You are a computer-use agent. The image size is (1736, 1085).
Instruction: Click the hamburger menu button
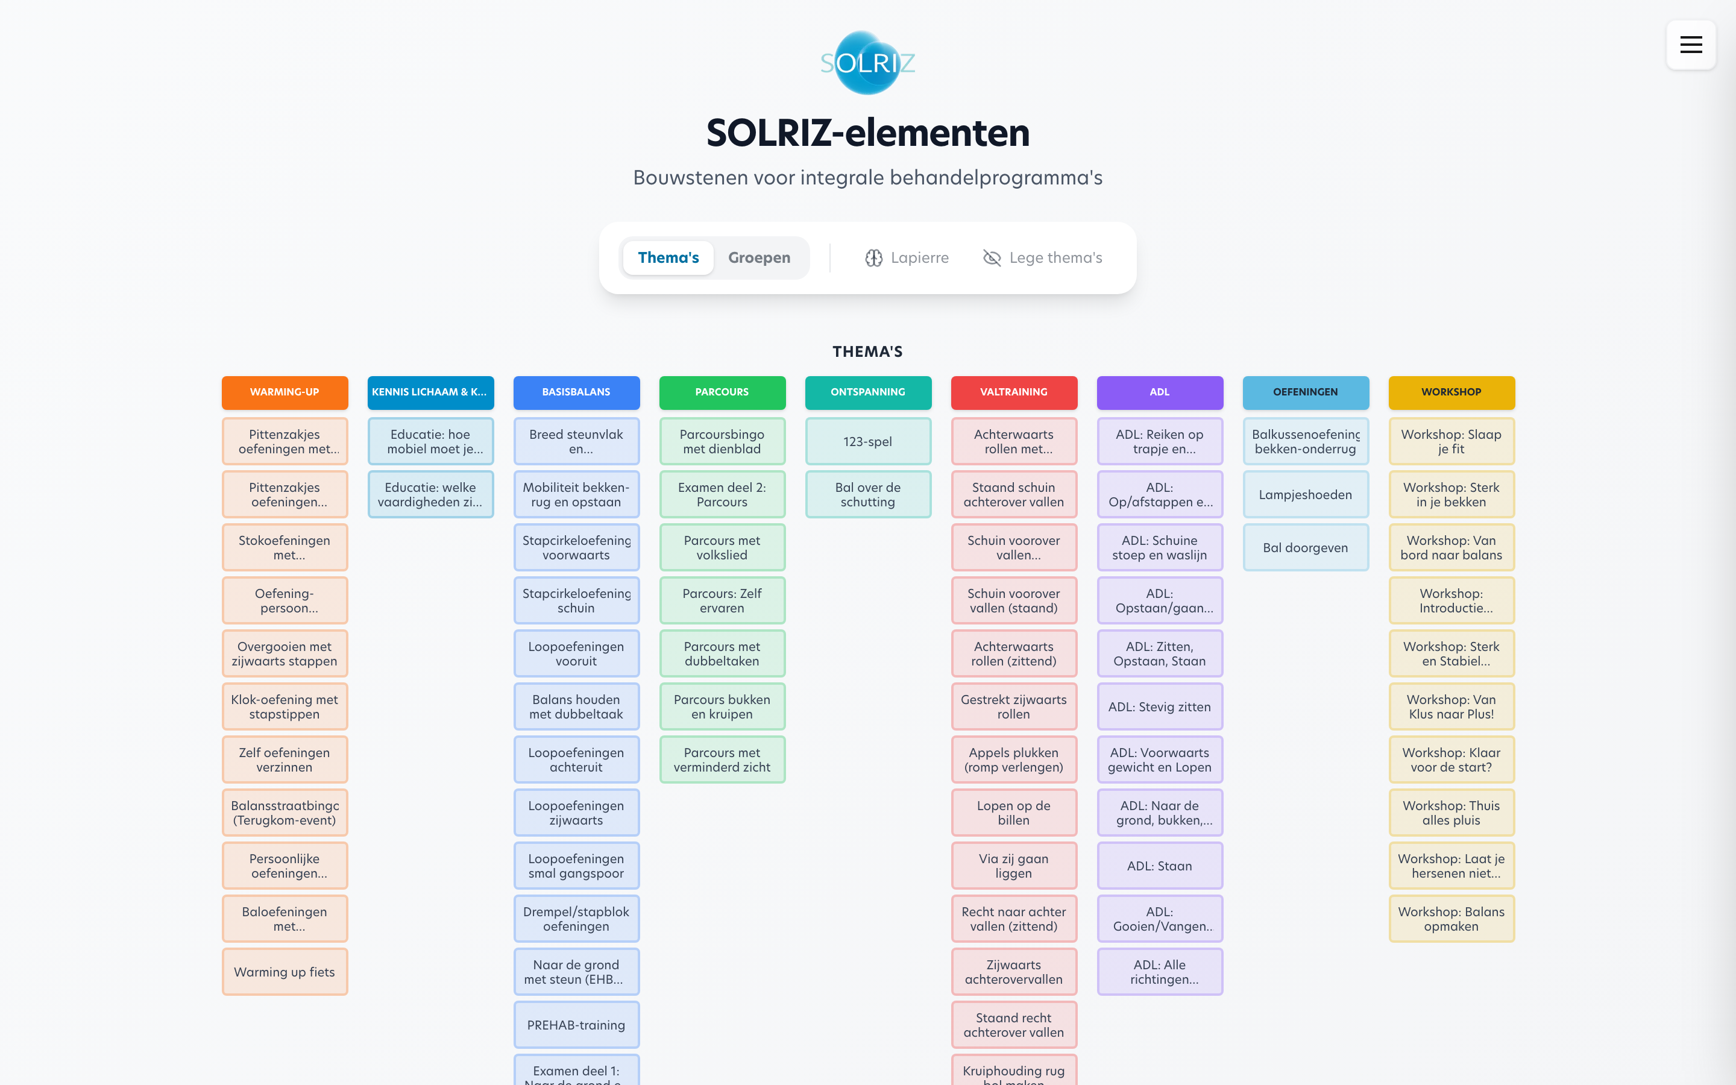point(1690,45)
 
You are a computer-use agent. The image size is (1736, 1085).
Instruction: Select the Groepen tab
point(759,257)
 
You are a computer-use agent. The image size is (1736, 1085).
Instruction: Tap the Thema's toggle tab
point(668,257)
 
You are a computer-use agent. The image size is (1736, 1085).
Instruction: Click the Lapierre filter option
point(907,257)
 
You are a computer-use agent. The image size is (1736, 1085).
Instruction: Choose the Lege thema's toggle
point(1042,257)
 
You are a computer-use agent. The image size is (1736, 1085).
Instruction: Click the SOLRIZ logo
point(867,63)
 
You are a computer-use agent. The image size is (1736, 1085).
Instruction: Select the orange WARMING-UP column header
point(285,392)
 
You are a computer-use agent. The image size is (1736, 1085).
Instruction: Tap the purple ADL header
point(1159,392)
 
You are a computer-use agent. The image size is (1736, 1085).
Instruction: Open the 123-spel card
point(868,441)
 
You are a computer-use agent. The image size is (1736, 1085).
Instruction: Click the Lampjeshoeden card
point(1305,494)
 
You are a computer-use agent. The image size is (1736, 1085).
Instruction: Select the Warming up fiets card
point(285,972)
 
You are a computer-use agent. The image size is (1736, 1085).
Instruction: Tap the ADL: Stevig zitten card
point(1159,707)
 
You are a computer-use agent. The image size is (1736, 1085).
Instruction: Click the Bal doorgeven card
point(1305,547)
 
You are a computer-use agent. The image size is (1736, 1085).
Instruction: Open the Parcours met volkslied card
point(722,547)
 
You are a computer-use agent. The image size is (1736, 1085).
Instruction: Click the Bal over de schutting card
point(868,494)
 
